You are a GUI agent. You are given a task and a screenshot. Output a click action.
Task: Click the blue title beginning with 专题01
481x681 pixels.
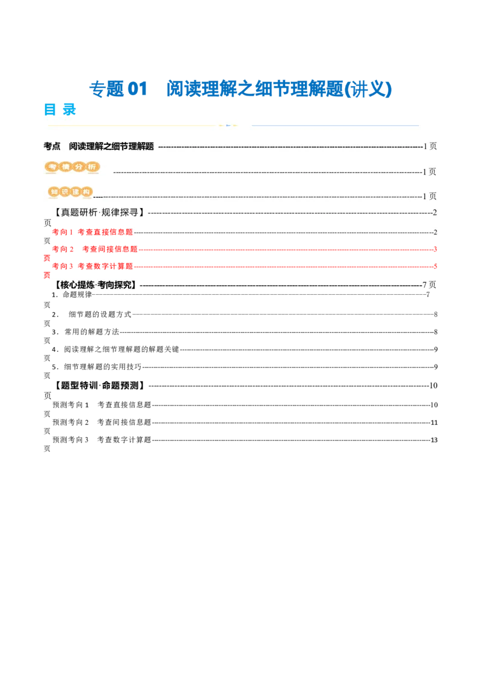pos(240,89)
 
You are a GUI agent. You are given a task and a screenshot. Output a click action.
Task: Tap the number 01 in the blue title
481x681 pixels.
pos(137,89)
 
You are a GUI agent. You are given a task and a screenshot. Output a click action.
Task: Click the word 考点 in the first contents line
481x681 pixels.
pos(52,146)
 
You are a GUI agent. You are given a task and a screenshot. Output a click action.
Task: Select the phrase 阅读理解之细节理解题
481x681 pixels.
pos(111,146)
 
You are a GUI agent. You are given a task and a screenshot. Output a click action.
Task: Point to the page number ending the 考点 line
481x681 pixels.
pos(430,146)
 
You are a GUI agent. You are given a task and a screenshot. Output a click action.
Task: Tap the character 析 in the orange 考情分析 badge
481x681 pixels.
pos(92,167)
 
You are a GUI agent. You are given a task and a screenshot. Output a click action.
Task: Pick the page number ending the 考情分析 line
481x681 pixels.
pos(430,171)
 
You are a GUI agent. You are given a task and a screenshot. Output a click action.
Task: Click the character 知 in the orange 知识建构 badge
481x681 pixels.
pos(55,192)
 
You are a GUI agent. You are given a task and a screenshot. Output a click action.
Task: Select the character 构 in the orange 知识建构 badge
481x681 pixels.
pos(87,192)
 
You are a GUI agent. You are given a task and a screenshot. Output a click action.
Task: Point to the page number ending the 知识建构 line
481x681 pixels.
pos(430,196)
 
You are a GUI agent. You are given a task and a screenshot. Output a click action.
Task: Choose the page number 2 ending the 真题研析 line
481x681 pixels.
pos(435,212)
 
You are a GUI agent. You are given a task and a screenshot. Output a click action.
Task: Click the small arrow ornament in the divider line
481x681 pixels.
pos(228,125)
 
